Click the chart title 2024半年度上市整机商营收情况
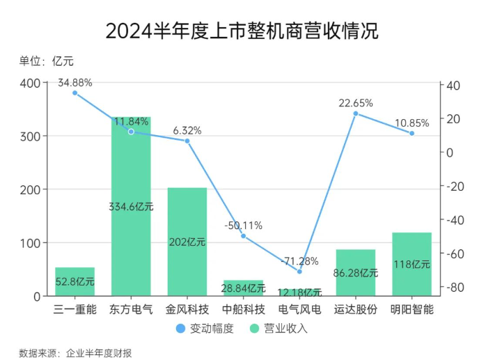242,31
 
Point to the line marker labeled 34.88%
75,93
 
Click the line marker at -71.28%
299,271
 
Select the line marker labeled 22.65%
355,114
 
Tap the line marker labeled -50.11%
244,236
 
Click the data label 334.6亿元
131,207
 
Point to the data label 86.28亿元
355,273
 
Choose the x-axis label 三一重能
75,309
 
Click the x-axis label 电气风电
299,309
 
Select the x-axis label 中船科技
244,309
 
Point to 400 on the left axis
30,83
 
